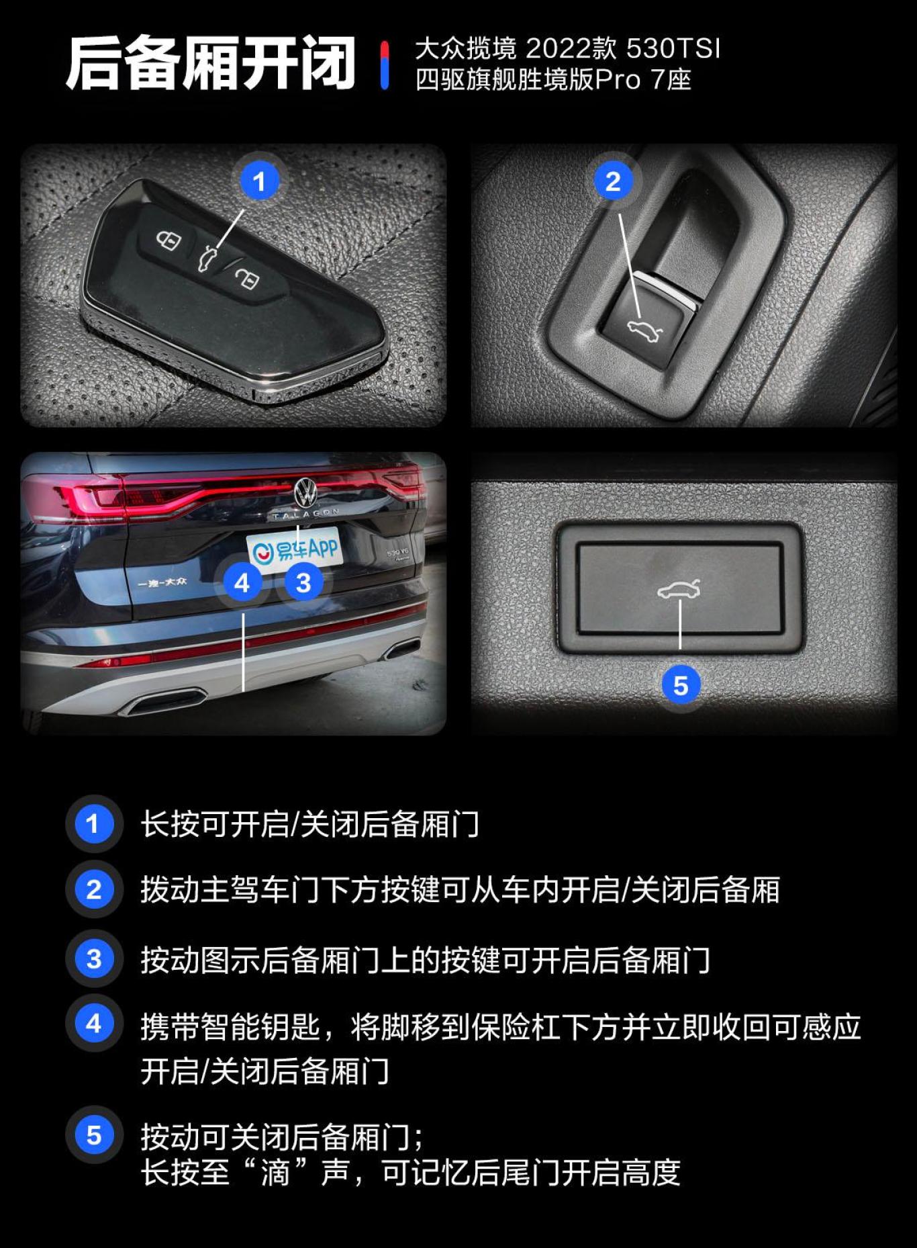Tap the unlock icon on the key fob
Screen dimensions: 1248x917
(247, 277)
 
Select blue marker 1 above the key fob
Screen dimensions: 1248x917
(260, 181)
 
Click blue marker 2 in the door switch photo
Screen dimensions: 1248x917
(613, 181)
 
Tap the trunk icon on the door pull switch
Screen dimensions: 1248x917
(644, 329)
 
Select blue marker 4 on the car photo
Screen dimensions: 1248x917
(242, 582)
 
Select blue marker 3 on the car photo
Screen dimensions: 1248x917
(303, 582)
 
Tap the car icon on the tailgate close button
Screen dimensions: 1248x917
(679, 589)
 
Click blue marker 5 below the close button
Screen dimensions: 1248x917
(681, 686)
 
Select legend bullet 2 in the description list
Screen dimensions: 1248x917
(94, 889)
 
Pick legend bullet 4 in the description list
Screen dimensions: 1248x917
(94, 1024)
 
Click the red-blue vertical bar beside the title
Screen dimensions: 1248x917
(384, 65)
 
